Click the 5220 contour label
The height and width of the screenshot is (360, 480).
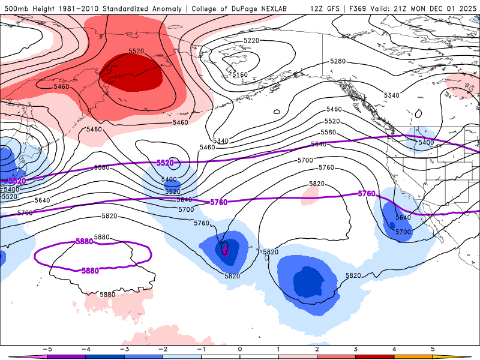tap(251, 41)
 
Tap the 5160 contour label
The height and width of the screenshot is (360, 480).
tap(239, 75)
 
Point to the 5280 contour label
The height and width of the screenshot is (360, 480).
tap(338, 61)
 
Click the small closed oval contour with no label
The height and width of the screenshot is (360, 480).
tap(277, 112)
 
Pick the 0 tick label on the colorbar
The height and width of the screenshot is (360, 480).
tap(239, 349)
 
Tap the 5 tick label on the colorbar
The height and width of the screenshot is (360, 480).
tap(433, 349)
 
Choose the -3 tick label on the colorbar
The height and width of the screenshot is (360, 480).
tap(124, 349)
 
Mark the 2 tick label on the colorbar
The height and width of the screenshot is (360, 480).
tap(317, 349)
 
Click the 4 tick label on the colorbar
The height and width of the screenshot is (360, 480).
tap(394, 349)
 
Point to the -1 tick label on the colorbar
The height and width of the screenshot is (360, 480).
tap(201, 349)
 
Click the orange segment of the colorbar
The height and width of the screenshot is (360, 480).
tap(413, 356)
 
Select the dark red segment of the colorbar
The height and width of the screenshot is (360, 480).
tap(375, 356)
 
